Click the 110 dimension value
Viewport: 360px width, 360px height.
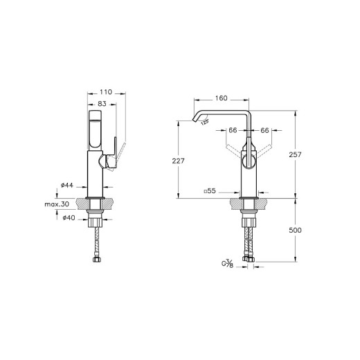click(106, 92)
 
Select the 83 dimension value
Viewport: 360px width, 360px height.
click(102, 104)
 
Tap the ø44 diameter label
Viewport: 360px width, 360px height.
click(67, 185)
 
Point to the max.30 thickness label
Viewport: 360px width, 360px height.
click(57, 204)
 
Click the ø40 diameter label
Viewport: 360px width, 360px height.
click(69, 217)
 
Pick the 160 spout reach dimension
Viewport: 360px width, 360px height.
click(222, 98)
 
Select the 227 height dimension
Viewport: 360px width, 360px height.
click(178, 161)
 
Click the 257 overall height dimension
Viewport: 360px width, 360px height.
click(296, 154)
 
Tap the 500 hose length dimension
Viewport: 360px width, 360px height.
click(295, 230)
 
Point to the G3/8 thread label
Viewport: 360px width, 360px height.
click(228, 264)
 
